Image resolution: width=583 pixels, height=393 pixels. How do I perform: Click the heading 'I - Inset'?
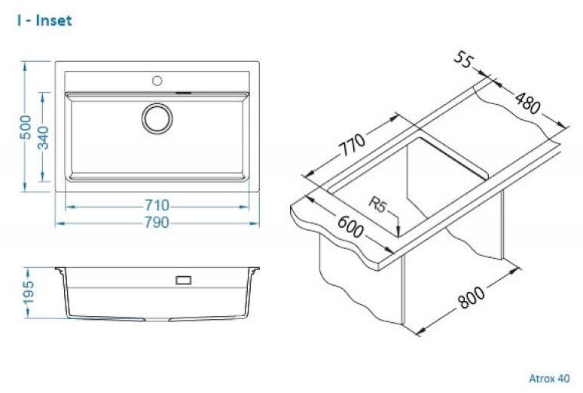pos(44,20)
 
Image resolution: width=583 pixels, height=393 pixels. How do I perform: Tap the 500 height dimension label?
pos(26,127)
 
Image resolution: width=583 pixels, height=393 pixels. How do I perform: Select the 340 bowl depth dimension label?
pos(44,138)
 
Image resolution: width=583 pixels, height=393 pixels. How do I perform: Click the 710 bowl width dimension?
pos(157,205)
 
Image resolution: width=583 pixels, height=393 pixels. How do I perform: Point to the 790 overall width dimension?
pos(157,223)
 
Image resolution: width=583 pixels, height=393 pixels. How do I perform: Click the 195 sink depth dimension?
pos(29,293)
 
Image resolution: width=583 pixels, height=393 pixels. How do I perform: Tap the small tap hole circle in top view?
pos(157,81)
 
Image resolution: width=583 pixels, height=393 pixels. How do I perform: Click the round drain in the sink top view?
pos(157,118)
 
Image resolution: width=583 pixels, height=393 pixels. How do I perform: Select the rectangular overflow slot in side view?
pos(183,280)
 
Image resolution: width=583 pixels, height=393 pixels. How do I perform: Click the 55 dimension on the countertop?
pos(463,60)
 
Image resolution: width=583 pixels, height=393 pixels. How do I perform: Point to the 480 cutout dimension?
pos(527,103)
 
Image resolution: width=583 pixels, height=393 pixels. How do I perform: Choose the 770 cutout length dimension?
pos(353,146)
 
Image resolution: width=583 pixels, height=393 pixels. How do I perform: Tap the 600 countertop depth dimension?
pos(349,226)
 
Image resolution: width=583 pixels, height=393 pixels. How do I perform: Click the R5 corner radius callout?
pos(378,204)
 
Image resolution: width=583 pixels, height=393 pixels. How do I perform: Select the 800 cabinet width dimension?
pos(471,297)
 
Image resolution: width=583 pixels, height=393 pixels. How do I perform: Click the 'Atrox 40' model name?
pos(549,379)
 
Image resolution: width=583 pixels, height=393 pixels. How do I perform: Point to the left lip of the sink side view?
pos(60,270)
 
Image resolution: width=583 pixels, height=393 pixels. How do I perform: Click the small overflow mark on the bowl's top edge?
pos(183,92)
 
